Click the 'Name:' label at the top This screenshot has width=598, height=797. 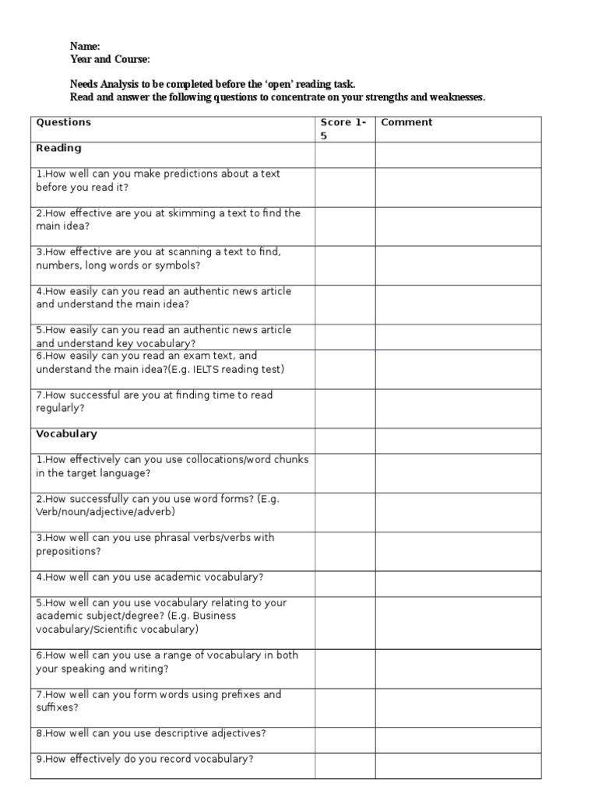85,47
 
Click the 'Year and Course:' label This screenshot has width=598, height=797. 110,59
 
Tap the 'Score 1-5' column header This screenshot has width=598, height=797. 343,128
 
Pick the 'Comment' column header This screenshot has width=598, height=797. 406,122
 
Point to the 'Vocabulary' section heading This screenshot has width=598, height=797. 66,434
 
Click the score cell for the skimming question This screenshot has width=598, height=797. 345,226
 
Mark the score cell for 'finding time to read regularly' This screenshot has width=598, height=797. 345,408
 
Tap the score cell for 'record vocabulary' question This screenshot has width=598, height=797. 345,765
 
